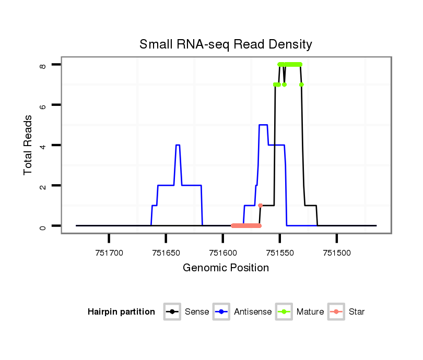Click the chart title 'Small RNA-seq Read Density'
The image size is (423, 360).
[226, 44]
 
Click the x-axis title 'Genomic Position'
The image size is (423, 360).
[226, 268]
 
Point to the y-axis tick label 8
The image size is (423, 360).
[43, 65]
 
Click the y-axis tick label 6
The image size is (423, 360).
[43, 105]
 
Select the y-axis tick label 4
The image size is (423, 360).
[43, 145]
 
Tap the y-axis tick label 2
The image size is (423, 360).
[43, 186]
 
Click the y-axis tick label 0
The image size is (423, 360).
[43, 226]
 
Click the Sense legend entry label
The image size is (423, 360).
[197, 312]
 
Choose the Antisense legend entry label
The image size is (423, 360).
[253, 312]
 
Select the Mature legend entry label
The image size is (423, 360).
[310, 312]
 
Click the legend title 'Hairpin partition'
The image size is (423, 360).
[121, 312]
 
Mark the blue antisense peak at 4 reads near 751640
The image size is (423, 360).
[178, 145]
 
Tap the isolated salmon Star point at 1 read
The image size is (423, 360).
[260, 206]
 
